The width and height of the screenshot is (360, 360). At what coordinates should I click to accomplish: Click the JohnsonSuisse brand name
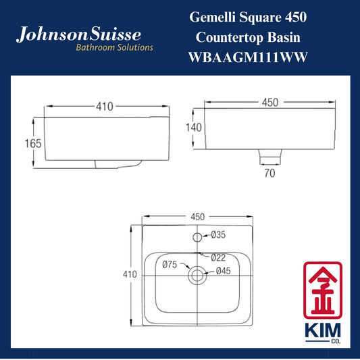78,34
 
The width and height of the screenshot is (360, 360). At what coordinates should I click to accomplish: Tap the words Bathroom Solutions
114,47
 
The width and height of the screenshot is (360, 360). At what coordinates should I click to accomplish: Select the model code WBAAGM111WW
248,57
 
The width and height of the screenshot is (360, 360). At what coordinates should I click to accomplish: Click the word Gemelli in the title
212,17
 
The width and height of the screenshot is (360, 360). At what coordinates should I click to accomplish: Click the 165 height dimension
33,143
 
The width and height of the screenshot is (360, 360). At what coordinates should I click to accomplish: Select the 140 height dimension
194,128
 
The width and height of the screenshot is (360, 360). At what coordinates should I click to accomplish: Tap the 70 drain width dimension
269,173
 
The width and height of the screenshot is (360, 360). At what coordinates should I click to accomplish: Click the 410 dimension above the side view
105,107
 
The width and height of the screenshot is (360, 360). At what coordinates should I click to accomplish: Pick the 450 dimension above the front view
270,103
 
